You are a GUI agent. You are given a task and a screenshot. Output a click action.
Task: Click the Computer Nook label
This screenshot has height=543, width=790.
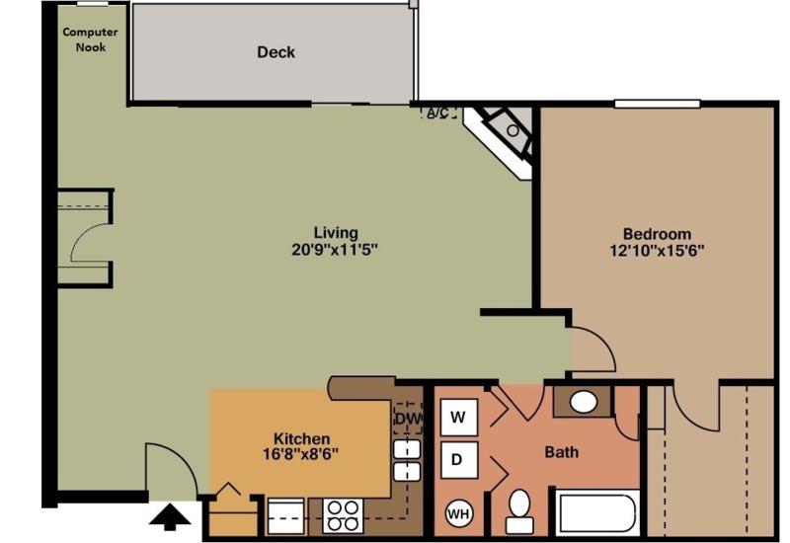[90, 39]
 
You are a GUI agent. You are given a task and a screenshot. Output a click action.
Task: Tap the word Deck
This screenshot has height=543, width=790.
[276, 52]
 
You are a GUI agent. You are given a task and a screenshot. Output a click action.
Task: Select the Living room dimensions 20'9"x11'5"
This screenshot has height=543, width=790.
[335, 250]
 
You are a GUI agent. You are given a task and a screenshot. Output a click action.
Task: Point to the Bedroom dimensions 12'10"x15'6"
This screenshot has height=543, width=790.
[657, 251]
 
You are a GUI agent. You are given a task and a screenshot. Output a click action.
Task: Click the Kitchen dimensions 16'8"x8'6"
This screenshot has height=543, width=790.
[300, 454]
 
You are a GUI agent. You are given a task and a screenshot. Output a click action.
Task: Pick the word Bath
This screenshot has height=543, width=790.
[561, 452]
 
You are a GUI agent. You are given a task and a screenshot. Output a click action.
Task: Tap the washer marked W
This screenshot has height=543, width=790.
[459, 417]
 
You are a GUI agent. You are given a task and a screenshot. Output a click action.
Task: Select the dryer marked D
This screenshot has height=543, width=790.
[459, 460]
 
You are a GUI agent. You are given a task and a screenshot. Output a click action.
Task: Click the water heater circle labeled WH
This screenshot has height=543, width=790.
[458, 513]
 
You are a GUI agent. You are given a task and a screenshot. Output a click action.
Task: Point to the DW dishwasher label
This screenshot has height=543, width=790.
[408, 419]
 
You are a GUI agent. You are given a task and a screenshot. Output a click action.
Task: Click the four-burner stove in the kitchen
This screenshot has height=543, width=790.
[343, 515]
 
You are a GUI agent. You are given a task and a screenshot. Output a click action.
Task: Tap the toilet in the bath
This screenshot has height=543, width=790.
[519, 510]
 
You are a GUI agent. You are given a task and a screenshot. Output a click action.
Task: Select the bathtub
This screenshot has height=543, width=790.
[597, 512]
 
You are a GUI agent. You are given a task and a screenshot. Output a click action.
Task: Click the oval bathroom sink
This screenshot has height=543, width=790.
[584, 402]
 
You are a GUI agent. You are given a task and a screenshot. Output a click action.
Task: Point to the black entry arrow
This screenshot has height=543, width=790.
[170, 517]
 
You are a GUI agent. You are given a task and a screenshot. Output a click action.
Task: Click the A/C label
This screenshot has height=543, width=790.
[437, 113]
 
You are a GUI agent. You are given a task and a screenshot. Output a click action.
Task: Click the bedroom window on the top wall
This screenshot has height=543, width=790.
[657, 104]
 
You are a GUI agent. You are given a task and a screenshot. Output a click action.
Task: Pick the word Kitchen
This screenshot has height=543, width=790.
[301, 438]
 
